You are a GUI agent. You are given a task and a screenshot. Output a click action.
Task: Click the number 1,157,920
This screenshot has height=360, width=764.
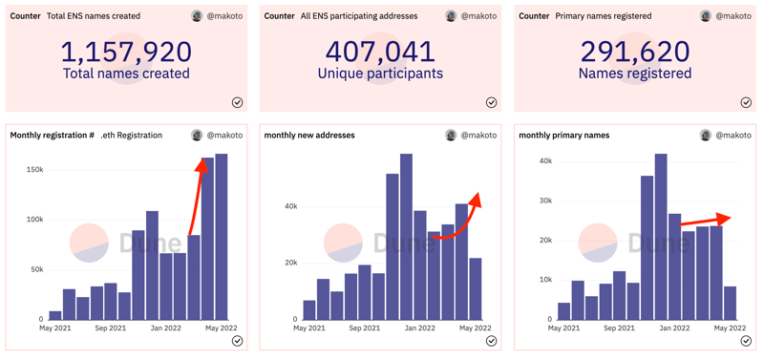coord(126,52)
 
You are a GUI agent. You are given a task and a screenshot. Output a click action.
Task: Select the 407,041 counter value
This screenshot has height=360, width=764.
coord(380,52)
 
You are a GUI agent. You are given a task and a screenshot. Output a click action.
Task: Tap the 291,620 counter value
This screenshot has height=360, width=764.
coord(635,52)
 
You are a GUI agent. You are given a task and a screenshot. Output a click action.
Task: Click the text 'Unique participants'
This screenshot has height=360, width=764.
coord(380,74)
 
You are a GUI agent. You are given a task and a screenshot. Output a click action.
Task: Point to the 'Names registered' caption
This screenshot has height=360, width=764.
coord(635,74)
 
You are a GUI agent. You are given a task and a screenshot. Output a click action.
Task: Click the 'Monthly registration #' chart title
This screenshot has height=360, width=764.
coord(53,136)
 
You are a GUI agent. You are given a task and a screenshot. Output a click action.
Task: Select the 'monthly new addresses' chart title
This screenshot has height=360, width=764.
coord(309,136)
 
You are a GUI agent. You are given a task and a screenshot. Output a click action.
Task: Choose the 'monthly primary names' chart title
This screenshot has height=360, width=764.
coord(564,136)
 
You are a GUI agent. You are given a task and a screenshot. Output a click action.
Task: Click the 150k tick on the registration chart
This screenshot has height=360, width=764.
coord(35,171)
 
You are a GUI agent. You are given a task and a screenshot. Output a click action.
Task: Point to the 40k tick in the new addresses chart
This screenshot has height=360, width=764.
coord(291,206)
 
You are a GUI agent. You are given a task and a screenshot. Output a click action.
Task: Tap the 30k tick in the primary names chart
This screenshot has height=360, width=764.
coord(545,201)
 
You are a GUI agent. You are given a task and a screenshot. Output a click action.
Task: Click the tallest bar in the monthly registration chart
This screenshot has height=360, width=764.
coord(222,237)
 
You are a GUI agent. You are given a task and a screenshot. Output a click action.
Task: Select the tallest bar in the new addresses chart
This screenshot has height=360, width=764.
coord(407,237)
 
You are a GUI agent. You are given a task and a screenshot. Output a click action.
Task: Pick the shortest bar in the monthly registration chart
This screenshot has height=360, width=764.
coord(55,315)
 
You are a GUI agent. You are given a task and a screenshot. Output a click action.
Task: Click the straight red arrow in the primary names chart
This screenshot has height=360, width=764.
coord(706,221)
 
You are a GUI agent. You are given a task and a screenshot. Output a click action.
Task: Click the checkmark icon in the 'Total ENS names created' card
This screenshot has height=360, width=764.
coord(237,102)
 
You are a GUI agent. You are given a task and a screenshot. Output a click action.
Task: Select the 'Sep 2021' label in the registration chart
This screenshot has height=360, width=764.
coord(111,328)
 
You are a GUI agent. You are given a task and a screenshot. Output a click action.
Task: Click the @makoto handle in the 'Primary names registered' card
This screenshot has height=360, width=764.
coord(733,16)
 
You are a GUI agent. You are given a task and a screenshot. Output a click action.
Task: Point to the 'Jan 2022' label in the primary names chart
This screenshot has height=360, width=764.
coord(675,328)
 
